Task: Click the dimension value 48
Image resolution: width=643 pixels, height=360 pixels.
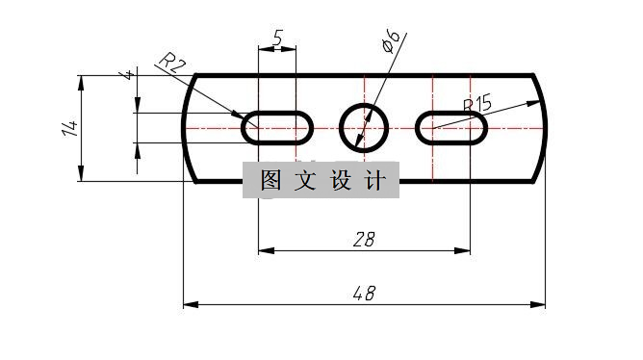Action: pos(364,293)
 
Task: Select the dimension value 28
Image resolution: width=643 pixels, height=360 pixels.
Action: pos(363,240)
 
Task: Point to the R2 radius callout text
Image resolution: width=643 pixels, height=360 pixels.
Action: pos(171,64)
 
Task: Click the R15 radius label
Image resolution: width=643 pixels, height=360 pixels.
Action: pos(477,104)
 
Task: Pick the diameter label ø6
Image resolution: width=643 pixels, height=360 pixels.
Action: pos(391,41)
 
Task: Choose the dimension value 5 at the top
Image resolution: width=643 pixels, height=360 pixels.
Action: pos(278,39)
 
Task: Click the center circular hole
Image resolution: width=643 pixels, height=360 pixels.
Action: pos(365,126)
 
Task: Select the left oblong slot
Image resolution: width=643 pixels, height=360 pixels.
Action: pos(277,126)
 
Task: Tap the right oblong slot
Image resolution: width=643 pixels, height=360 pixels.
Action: pos(451,126)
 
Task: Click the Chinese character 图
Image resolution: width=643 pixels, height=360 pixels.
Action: pos(270,180)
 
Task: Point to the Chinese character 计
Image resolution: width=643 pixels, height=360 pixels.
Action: pos(375,180)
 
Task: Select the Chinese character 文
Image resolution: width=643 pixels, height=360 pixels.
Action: pos(306,180)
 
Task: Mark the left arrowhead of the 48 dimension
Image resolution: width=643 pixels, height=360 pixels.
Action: pos(189,304)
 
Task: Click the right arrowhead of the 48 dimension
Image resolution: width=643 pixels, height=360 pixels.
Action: pos(541,304)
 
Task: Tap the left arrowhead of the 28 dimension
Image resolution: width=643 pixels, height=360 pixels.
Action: pos(264,250)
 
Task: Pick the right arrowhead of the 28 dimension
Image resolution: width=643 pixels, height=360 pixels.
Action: pos(465,250)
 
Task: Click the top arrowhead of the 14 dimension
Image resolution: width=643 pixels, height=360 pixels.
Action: pos(82,80)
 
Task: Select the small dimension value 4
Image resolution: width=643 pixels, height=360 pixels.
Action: pos(128,75)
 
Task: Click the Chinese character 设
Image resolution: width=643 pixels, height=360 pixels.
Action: pos(342,180)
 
